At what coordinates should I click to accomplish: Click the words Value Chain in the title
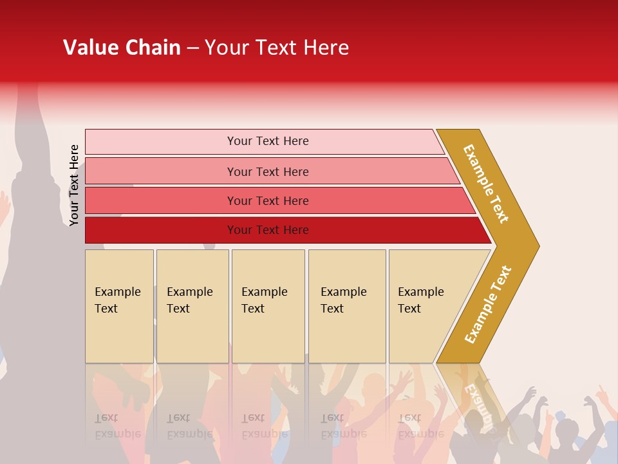(122, 48)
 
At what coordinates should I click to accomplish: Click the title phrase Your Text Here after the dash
(277, 48)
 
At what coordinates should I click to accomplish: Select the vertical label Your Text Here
(74, 186)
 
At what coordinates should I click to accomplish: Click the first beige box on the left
(119, 306)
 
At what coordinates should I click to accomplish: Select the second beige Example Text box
(192, 306)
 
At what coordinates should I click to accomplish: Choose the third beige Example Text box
(268, 306)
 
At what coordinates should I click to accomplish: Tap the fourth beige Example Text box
(347, 306)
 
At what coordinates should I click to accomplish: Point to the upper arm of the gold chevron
(487, 183)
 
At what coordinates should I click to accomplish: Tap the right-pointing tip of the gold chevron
(531, 246)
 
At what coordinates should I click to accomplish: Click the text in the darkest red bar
(268, 230)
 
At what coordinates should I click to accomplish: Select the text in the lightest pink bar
(268, 141)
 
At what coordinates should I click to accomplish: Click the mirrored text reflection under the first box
(118, 426)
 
